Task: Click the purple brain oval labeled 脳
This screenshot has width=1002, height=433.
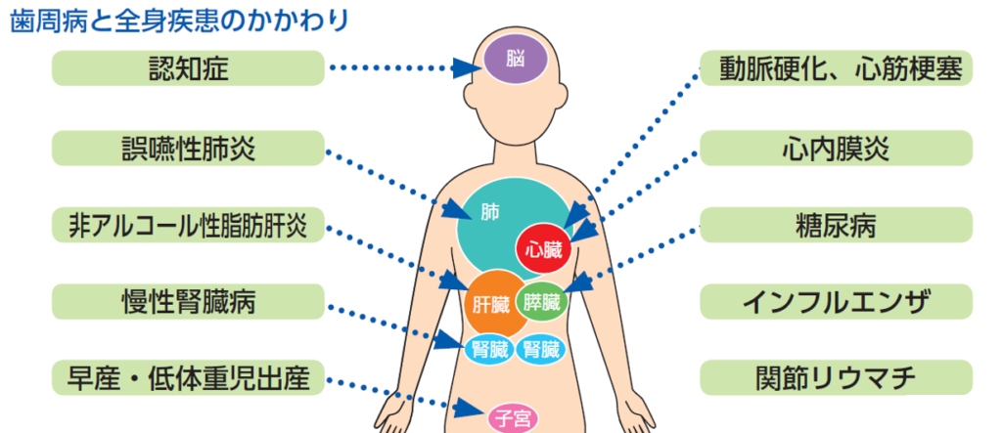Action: point(515,60)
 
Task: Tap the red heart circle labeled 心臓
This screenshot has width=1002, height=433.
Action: point(543,248)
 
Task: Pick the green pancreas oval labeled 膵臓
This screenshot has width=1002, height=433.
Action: point(542,301)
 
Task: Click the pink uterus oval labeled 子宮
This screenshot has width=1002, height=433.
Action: point(513,419)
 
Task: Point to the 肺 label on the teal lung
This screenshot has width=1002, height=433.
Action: point(490,212)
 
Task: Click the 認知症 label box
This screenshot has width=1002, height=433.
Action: point(188,67)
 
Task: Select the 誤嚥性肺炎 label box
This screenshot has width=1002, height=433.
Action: point(188,149)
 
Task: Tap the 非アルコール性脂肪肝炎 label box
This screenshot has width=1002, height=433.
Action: point(188,225)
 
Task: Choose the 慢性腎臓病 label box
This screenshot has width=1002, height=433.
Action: point(188,301)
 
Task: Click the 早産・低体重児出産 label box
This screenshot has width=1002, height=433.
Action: point(188,377)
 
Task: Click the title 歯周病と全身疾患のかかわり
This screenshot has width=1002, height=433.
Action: point(180,21)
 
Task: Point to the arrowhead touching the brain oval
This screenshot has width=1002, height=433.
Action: point(468,67)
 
